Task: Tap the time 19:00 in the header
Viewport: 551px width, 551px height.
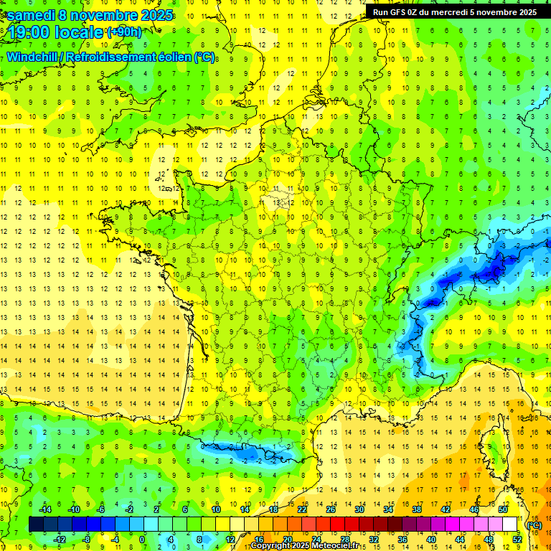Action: pos(28,32)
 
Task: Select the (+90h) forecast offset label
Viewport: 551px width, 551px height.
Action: pos(124,32)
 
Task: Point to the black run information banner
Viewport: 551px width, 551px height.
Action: pos(455,11)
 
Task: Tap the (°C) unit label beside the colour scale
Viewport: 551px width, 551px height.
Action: pos(534,525)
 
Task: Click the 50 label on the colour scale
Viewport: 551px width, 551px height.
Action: pos(503,509)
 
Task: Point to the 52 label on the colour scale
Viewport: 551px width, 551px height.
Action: pos(517,540)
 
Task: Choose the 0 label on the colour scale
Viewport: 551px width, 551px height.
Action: pos(142,540)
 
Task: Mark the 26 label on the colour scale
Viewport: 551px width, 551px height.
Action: pos(331,509)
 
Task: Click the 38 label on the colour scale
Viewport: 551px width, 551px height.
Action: pos(417,509)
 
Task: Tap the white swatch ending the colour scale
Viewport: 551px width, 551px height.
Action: pos(510,524)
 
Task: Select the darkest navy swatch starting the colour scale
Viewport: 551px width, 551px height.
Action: pos(36,524)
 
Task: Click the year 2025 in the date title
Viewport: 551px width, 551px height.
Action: pos(153,14)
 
